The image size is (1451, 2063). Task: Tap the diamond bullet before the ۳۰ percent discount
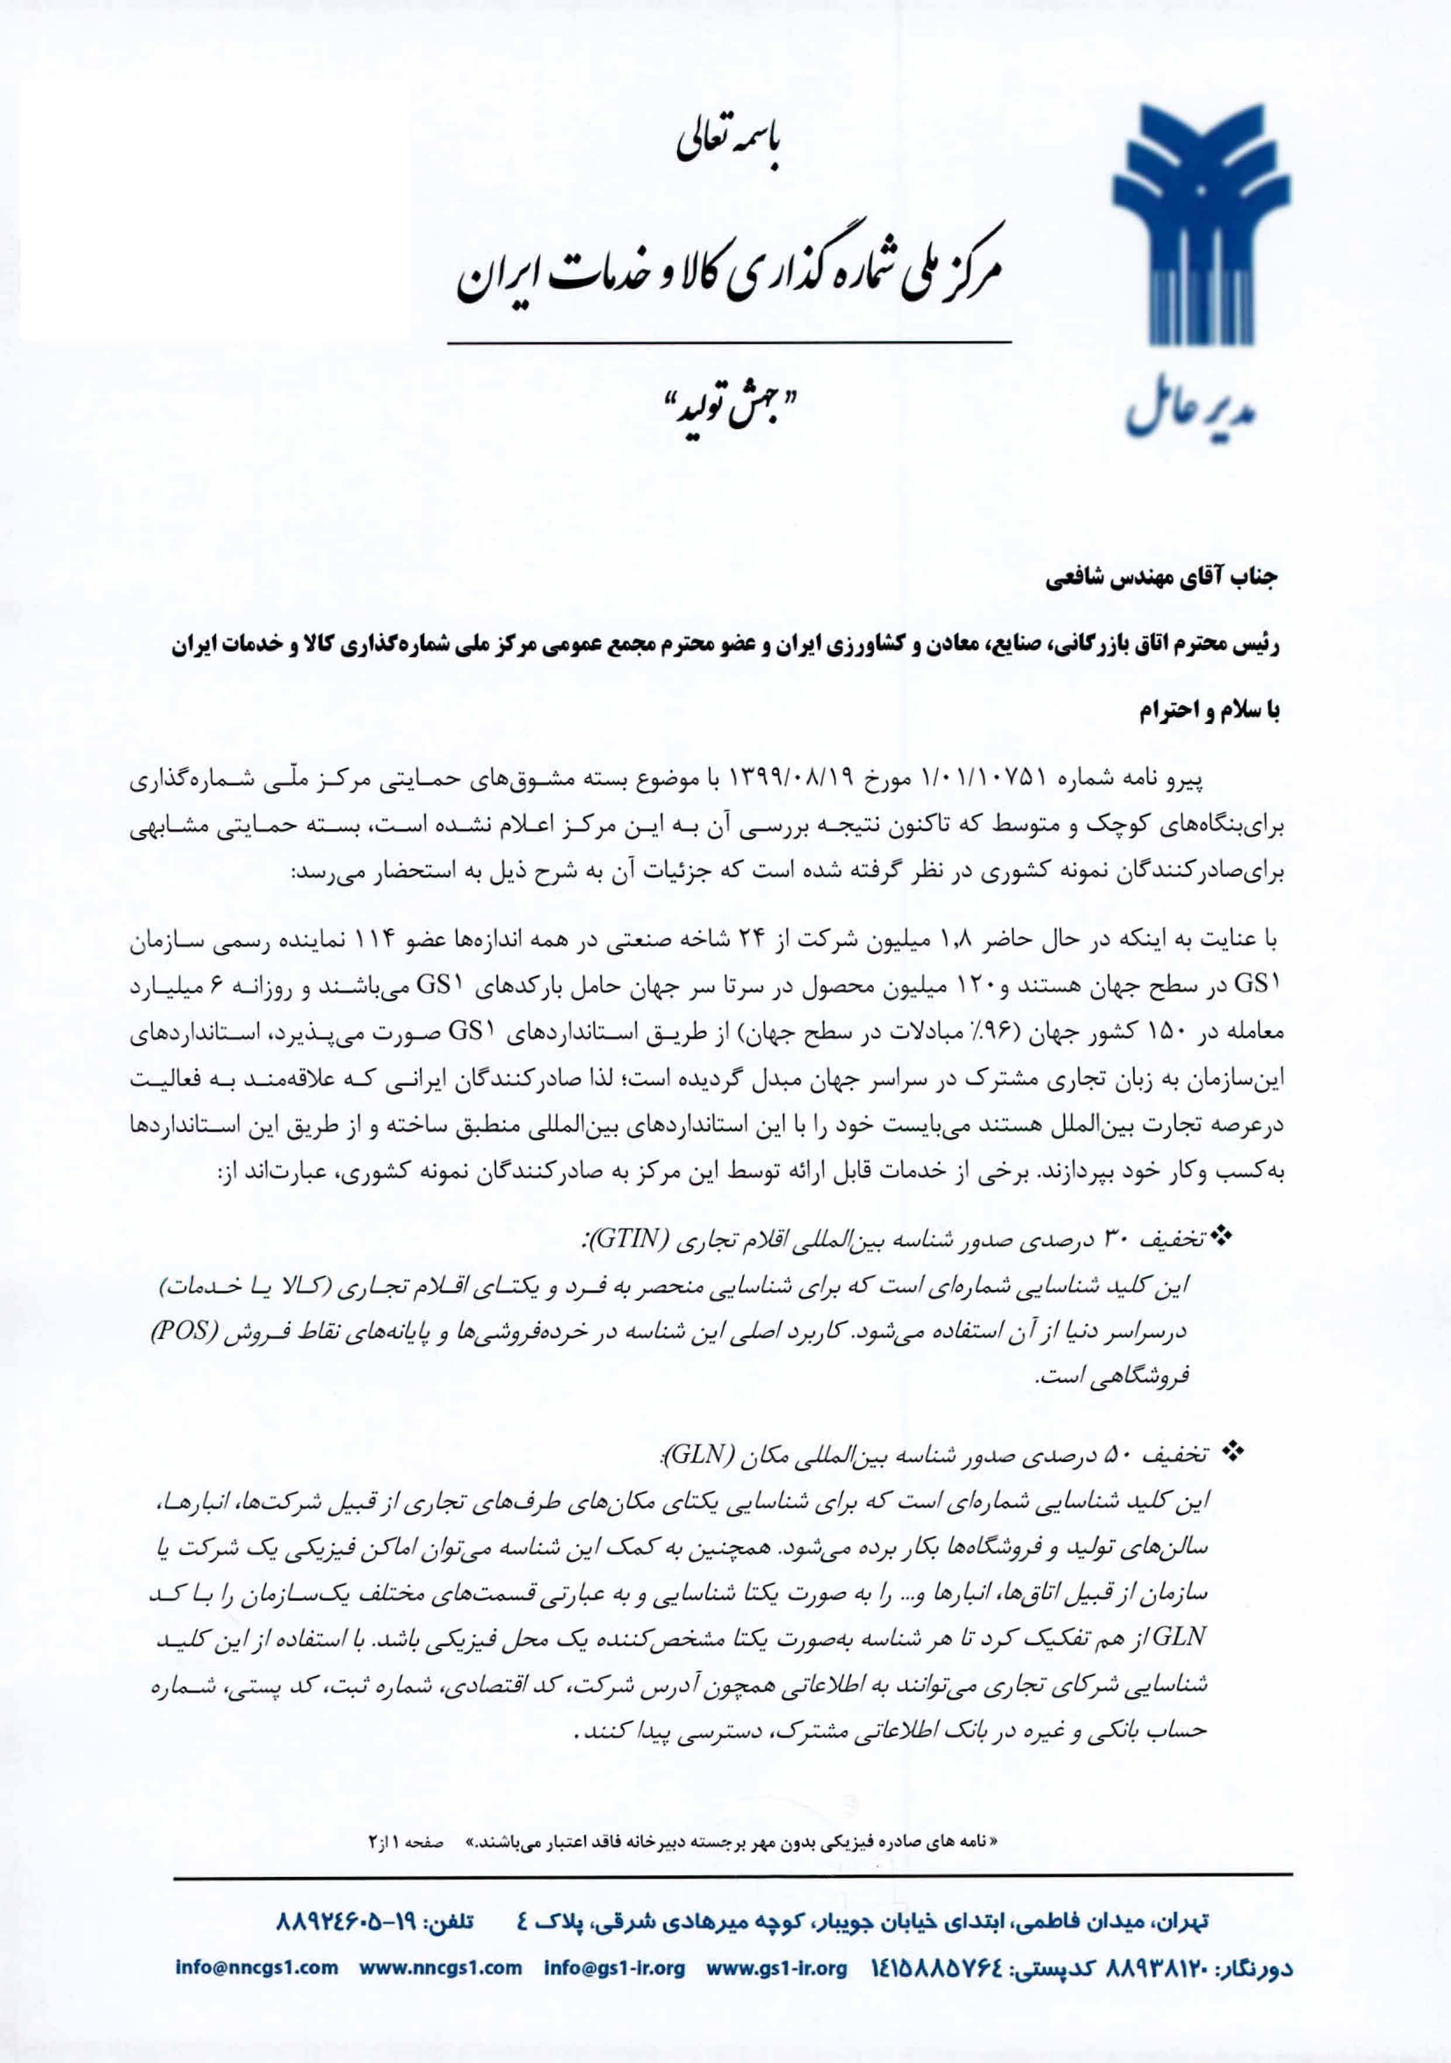1222,1240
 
